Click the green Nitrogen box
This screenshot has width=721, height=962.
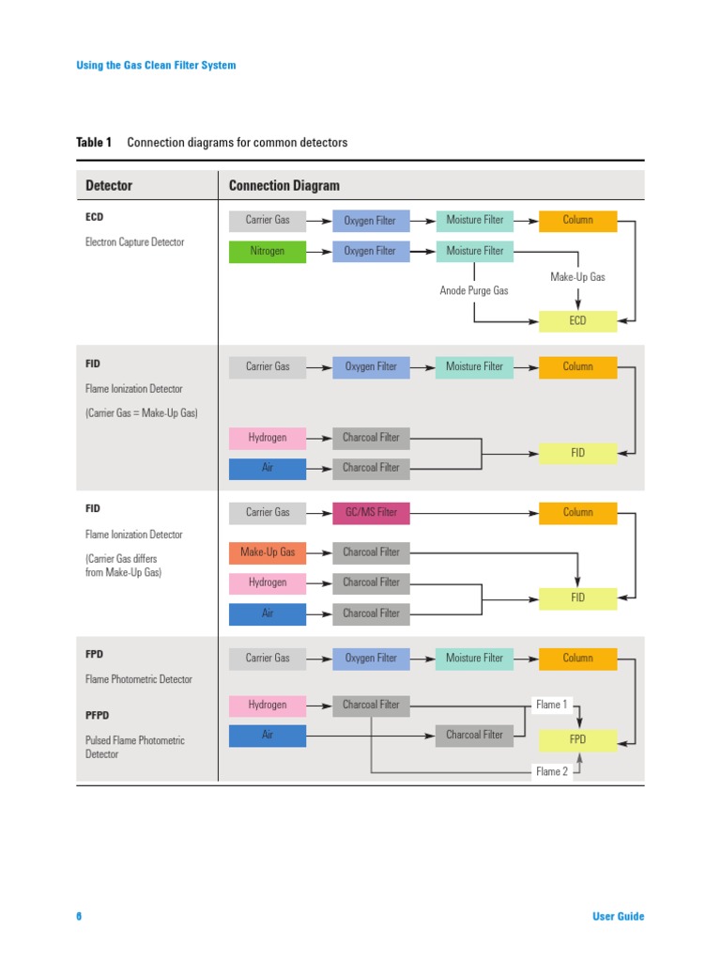coord(268,251)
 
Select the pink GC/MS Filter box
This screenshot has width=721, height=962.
coord(371,513)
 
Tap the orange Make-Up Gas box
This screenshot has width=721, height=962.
coord(268,552)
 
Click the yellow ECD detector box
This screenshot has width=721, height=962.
coord(577,321)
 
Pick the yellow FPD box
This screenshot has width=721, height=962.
coord(577,740)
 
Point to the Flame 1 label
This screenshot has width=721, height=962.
coord(552,705)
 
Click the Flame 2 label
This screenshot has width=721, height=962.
coord(552,772)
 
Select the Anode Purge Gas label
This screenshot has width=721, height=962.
coord(474,291)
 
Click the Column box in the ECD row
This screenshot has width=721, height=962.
coord(577,221)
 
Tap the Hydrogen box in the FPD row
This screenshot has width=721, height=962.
coord(268,705)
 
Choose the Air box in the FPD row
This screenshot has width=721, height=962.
coord(268,736)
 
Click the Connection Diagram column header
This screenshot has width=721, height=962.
coord(284,186)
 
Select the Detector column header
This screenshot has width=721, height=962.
coord(109,186)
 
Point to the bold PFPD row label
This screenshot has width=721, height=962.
coord(99,716)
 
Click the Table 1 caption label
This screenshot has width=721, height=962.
coord(94,143)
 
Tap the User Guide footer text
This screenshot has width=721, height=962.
coord(619,917)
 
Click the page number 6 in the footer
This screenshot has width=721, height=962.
coord(79,917)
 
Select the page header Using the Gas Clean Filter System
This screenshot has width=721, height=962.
coord(156,66)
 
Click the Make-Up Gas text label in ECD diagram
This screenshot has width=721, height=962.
coord(577,277)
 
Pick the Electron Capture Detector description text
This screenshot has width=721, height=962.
coord(135,242)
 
